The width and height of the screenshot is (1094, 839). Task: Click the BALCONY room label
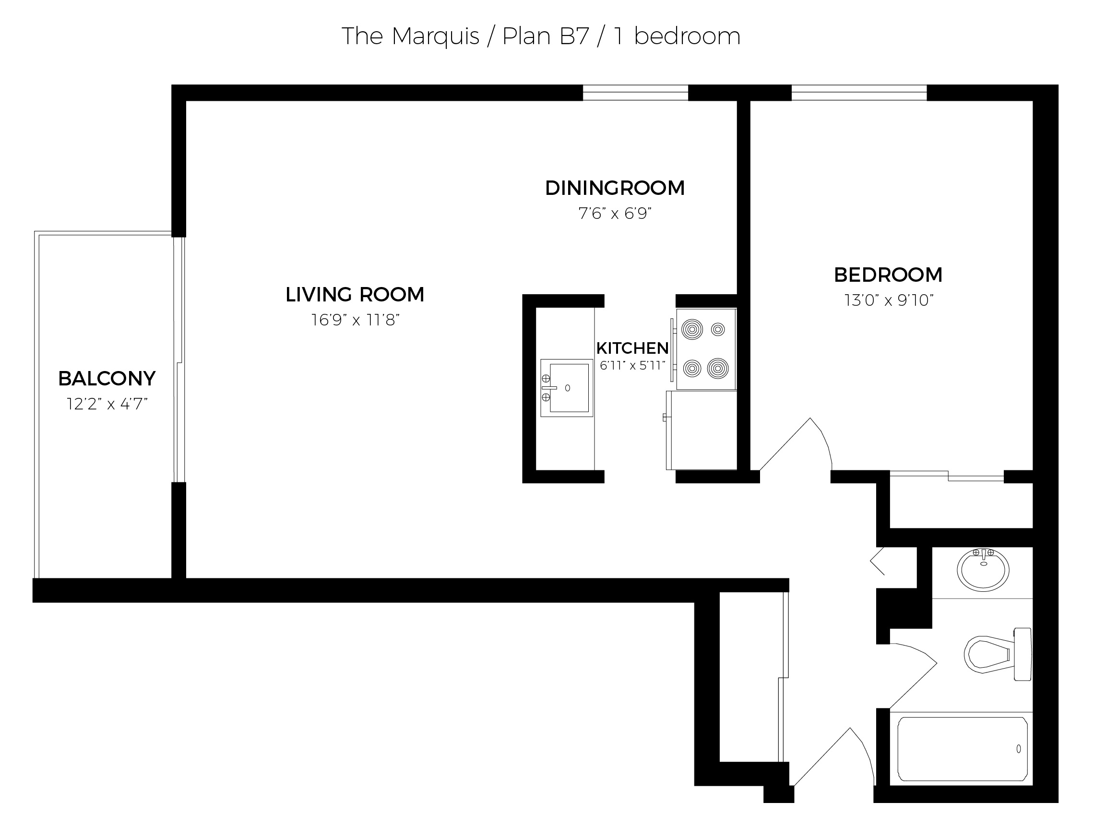click(107, 379)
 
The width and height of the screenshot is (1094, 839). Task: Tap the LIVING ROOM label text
click(355, 295)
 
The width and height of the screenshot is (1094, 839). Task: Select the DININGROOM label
click(615, 188)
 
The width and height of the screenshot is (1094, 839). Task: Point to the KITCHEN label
click(632, 348)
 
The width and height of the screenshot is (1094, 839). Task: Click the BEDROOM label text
click(888, 275)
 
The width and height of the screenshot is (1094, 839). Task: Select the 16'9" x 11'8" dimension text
click(355, 320)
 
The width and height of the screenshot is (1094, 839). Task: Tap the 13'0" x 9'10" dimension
click(889, 300)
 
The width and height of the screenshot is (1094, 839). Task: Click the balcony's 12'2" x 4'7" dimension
click(107, 404)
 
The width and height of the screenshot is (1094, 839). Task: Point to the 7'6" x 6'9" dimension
click(615, 214)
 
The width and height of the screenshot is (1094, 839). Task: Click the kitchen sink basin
click(569, 387)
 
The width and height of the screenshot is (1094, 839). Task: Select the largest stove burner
click(717, 369)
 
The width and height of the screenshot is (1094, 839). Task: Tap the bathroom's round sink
click(983, 570)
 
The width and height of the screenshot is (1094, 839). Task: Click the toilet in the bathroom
click(998, 654)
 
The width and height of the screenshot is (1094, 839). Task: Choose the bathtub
click(962, 749)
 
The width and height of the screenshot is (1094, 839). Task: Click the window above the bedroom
click(859, 93)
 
